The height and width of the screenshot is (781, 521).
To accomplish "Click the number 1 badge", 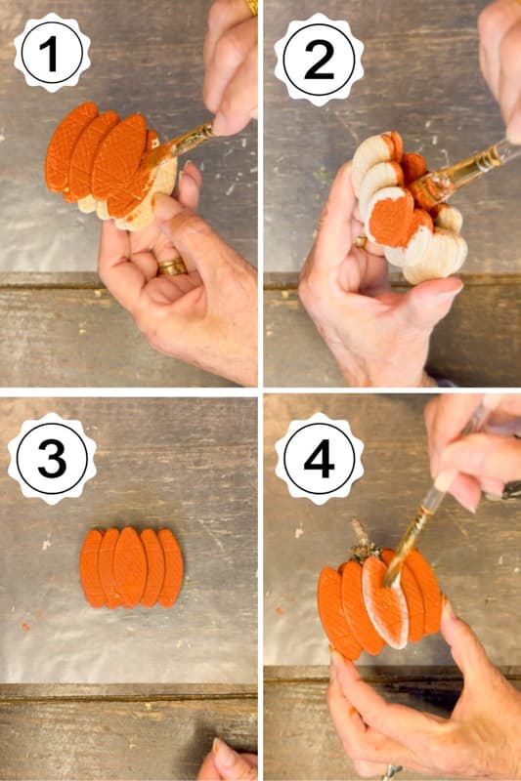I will (x=52, y=53).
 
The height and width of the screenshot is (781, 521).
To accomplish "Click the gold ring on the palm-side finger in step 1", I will (x=171, y=266).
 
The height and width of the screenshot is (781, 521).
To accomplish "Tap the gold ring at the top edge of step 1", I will (x=251, y=6).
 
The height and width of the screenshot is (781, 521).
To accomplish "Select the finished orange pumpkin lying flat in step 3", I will (x=131, y=568).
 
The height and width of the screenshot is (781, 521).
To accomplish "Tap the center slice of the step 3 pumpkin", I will (x=131, y=568).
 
